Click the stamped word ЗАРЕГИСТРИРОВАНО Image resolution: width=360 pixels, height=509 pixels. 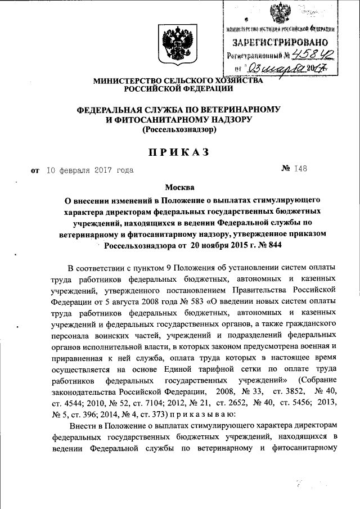point(282,42)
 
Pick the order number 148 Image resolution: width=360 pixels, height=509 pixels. point(300,168)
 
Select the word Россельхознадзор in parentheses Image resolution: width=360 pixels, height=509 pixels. point(179,129)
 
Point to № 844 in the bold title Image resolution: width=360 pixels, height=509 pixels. point(268,245)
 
